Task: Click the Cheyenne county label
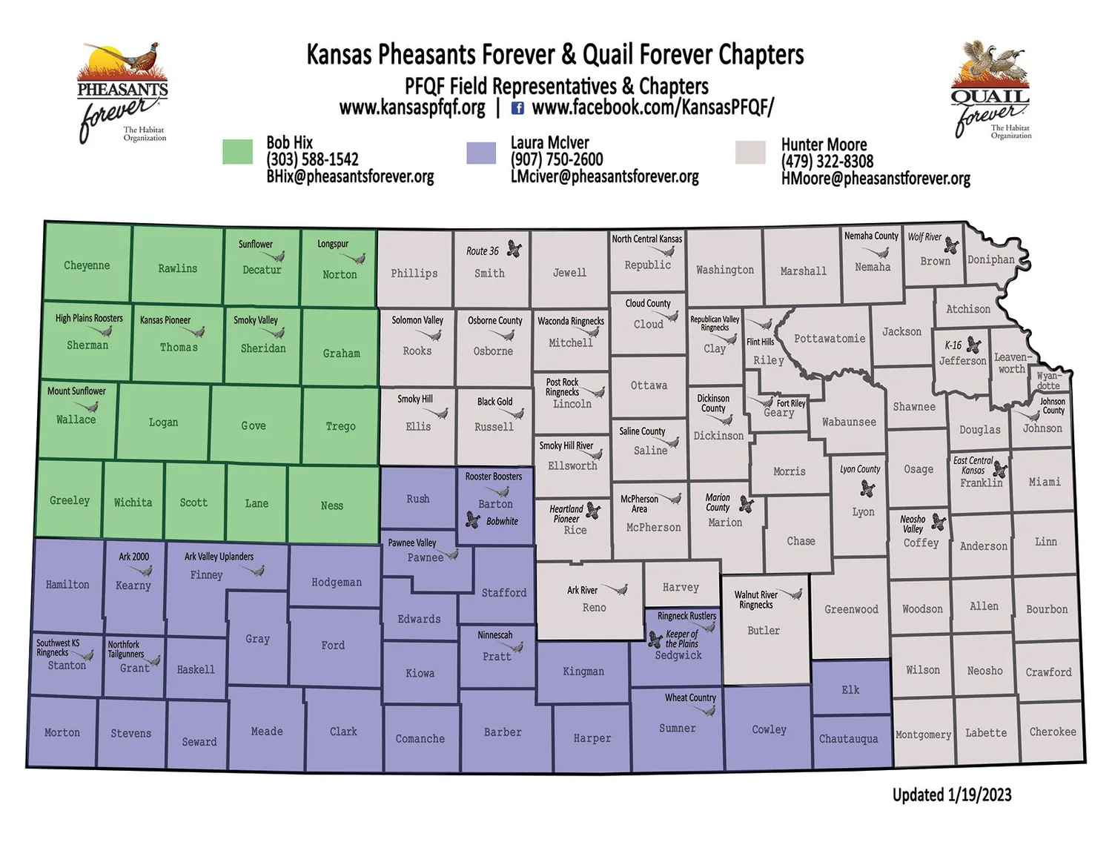tap(87, 265)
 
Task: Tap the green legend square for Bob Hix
tap(237, 151)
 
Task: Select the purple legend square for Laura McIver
tap(480, 153)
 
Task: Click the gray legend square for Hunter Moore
tap(750, 152)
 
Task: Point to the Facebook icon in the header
tap(517, 108)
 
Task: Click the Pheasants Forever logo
tap(123, 92)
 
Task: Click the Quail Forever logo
tap(991, 90)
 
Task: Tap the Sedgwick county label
tap(678, 655)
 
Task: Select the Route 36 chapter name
tap(483, 251)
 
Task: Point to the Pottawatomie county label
tap(830, 339)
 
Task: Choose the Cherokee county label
tap(1052, 732)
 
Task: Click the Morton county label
tap(62, 732)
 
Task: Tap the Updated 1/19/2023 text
tap(951, 795)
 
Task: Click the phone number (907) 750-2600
tap(556, 159)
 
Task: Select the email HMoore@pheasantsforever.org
tap(875, 179)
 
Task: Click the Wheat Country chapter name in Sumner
tap(689, 697)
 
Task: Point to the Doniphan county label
tap(990, 259)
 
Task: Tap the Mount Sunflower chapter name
tap(76, 391)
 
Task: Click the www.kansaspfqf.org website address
tap(412, 108)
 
